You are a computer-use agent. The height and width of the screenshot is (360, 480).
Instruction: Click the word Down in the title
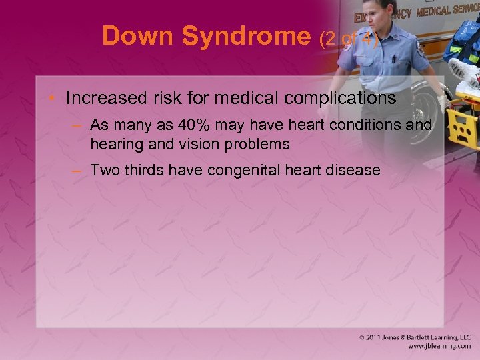coord(137,36)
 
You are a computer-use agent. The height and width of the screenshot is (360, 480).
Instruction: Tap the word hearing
coord(114,143)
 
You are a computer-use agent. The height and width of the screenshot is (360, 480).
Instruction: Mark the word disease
coord(356,170)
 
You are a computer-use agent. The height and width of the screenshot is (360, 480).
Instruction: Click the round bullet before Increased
coord(52,99)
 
